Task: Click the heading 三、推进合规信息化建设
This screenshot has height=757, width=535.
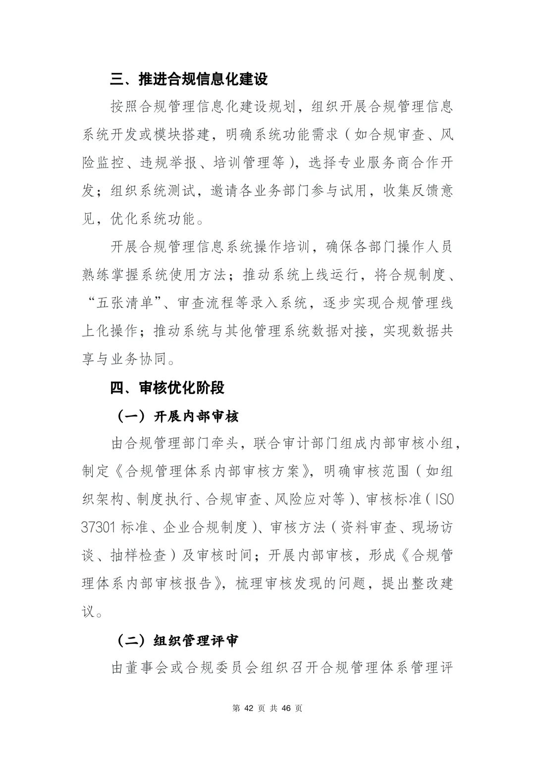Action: click(189, 79)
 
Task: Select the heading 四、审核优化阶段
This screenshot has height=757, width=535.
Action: click(167, 388)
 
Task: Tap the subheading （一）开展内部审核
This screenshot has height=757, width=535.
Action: click(177, 416)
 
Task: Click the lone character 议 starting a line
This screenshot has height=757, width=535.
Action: click(89, 612)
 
